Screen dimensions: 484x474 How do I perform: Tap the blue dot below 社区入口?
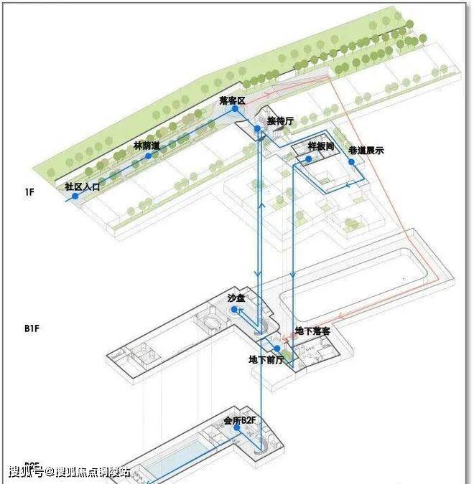74,195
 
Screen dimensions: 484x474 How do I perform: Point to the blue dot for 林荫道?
148,155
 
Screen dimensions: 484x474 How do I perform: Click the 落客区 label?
232,100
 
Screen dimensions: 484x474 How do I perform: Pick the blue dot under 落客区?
234,109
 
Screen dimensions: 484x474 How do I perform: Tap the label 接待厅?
280,120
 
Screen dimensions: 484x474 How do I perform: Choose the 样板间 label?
320,146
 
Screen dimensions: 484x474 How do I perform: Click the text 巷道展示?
366,151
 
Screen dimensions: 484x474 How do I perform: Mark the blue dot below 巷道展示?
352,161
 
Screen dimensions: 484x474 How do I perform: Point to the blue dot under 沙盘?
234,309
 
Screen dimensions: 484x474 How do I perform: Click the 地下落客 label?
312,331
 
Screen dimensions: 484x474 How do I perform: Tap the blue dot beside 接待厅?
256,128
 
